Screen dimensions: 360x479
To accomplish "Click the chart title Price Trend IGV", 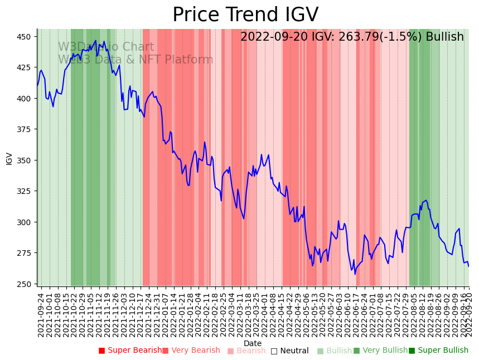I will pyautogui.click(x=245, y=15).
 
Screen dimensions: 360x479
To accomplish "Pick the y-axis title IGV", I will pyautogui.click(x=9, y=158).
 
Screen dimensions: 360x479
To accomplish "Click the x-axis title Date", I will pyautogui.click(x=253, y=343).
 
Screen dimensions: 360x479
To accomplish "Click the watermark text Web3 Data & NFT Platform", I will pyautogui.click(x=136, y=60).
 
